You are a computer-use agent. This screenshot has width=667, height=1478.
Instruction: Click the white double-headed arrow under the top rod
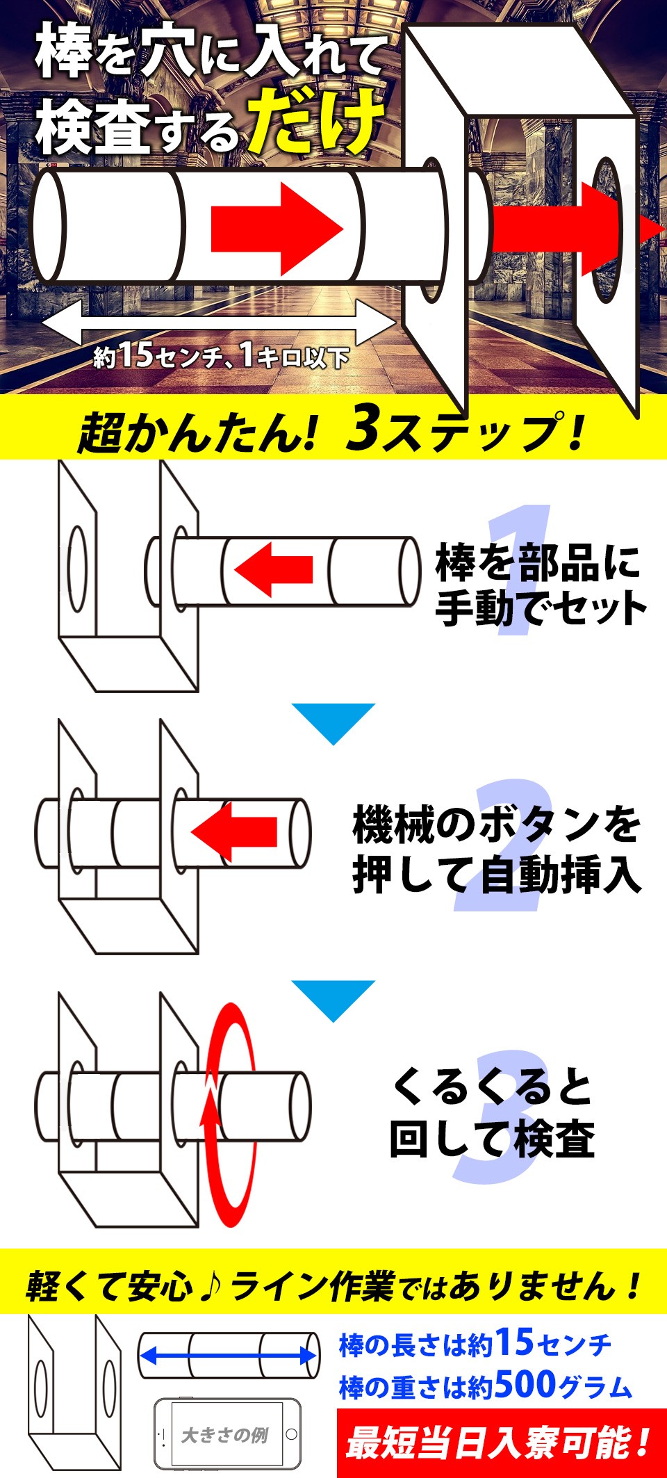coord(218,323)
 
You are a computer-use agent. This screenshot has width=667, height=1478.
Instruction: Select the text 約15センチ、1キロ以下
coord(221,357)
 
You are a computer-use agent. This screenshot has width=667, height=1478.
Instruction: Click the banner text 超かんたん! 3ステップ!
coord(331,431)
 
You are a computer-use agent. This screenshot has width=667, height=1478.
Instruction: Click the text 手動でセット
coord(541,608)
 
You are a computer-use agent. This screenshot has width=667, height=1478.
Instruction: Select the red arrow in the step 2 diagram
coord(234,831)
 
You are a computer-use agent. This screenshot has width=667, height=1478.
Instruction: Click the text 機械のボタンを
coord(496,825)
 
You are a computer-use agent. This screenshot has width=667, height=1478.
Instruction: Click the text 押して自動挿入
coord(496,874)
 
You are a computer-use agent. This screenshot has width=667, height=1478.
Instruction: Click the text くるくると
coord(492,1087)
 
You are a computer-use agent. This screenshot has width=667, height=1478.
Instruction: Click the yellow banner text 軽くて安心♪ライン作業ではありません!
coord(333,1285)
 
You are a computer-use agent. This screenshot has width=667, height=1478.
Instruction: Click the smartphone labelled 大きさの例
coord(227,1434)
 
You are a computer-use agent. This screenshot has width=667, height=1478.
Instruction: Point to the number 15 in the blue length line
coord(514,1342)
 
